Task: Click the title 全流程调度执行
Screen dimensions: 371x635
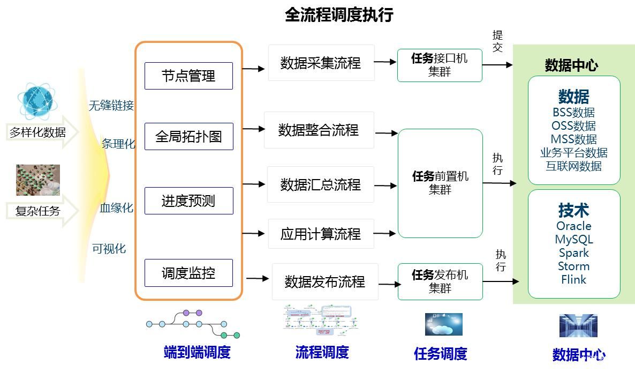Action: [x=339, y=14]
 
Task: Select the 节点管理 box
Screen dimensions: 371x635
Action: [x=188, y=76]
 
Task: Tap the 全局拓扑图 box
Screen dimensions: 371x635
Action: [x=188, y=136]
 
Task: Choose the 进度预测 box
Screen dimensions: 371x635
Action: [x=188, y=201]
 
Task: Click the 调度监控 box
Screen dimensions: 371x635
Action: [x=188, y=273]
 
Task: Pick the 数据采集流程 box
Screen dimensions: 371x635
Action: [x=321, y=63]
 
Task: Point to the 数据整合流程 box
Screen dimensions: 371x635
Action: [x=319, y=130]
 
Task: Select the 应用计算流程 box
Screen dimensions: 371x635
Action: [x=321, y=234]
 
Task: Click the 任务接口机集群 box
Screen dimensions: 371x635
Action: [x=440, y=65]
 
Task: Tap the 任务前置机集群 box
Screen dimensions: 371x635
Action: [x=440, y=183]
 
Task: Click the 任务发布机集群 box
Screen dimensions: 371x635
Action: [x=440, y=281]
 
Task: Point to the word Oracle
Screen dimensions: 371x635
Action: [x=573, y=226]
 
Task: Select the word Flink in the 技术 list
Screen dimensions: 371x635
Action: [x=573, y=279]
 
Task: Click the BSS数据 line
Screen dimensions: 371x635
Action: [x=573, y=113]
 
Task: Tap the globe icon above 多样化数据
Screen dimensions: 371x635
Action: [x=37, y=100]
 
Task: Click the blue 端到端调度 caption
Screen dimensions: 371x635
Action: [x=197, y=352]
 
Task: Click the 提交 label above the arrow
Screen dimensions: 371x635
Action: [x=497, y=41]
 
